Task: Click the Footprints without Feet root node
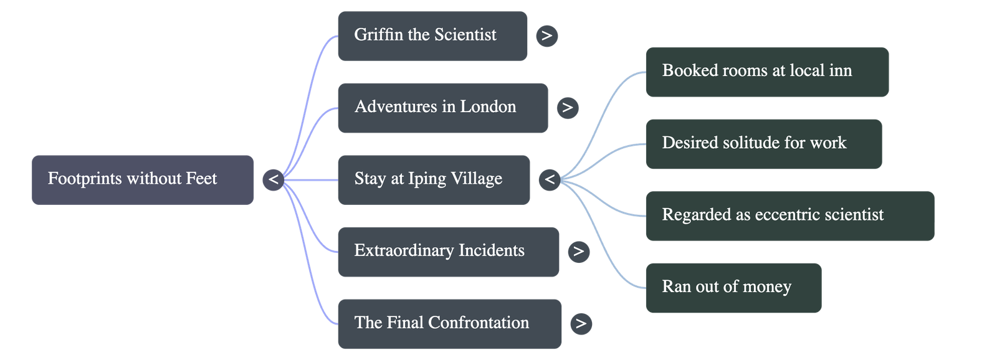pyautogui.click(x=143, y=179)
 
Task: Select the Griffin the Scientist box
pyautogui.click(x=432, y=36)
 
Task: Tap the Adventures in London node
pyautogui.click(x=442, y=107)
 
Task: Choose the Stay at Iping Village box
pyautogui.click(x=433, y=179)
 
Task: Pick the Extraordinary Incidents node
pyautogui.click(x=448, y=251)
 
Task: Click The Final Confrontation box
pyautogui.click(x=449, y=323)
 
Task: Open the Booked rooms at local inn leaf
pyautogui.click(x=766, y=71)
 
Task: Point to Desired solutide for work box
pyautogui.click(x=763, y=143)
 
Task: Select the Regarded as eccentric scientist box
pyautogui.click(x=789, y=216)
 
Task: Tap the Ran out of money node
pyautogui.click(x=733, y=287)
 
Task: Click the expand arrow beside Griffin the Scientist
pyautogui.click(x=546, y=36)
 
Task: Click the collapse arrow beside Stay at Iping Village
pyautogui.click(x=550, y=180)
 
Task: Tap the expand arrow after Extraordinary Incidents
pyautogui.click(x=578, y=251)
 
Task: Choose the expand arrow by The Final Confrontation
pyautogui.click(x=581, y=323)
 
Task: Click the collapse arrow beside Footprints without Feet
pyautogui.click(x=274, y=179)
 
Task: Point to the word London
pyautogui.click(x=488, y=107)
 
